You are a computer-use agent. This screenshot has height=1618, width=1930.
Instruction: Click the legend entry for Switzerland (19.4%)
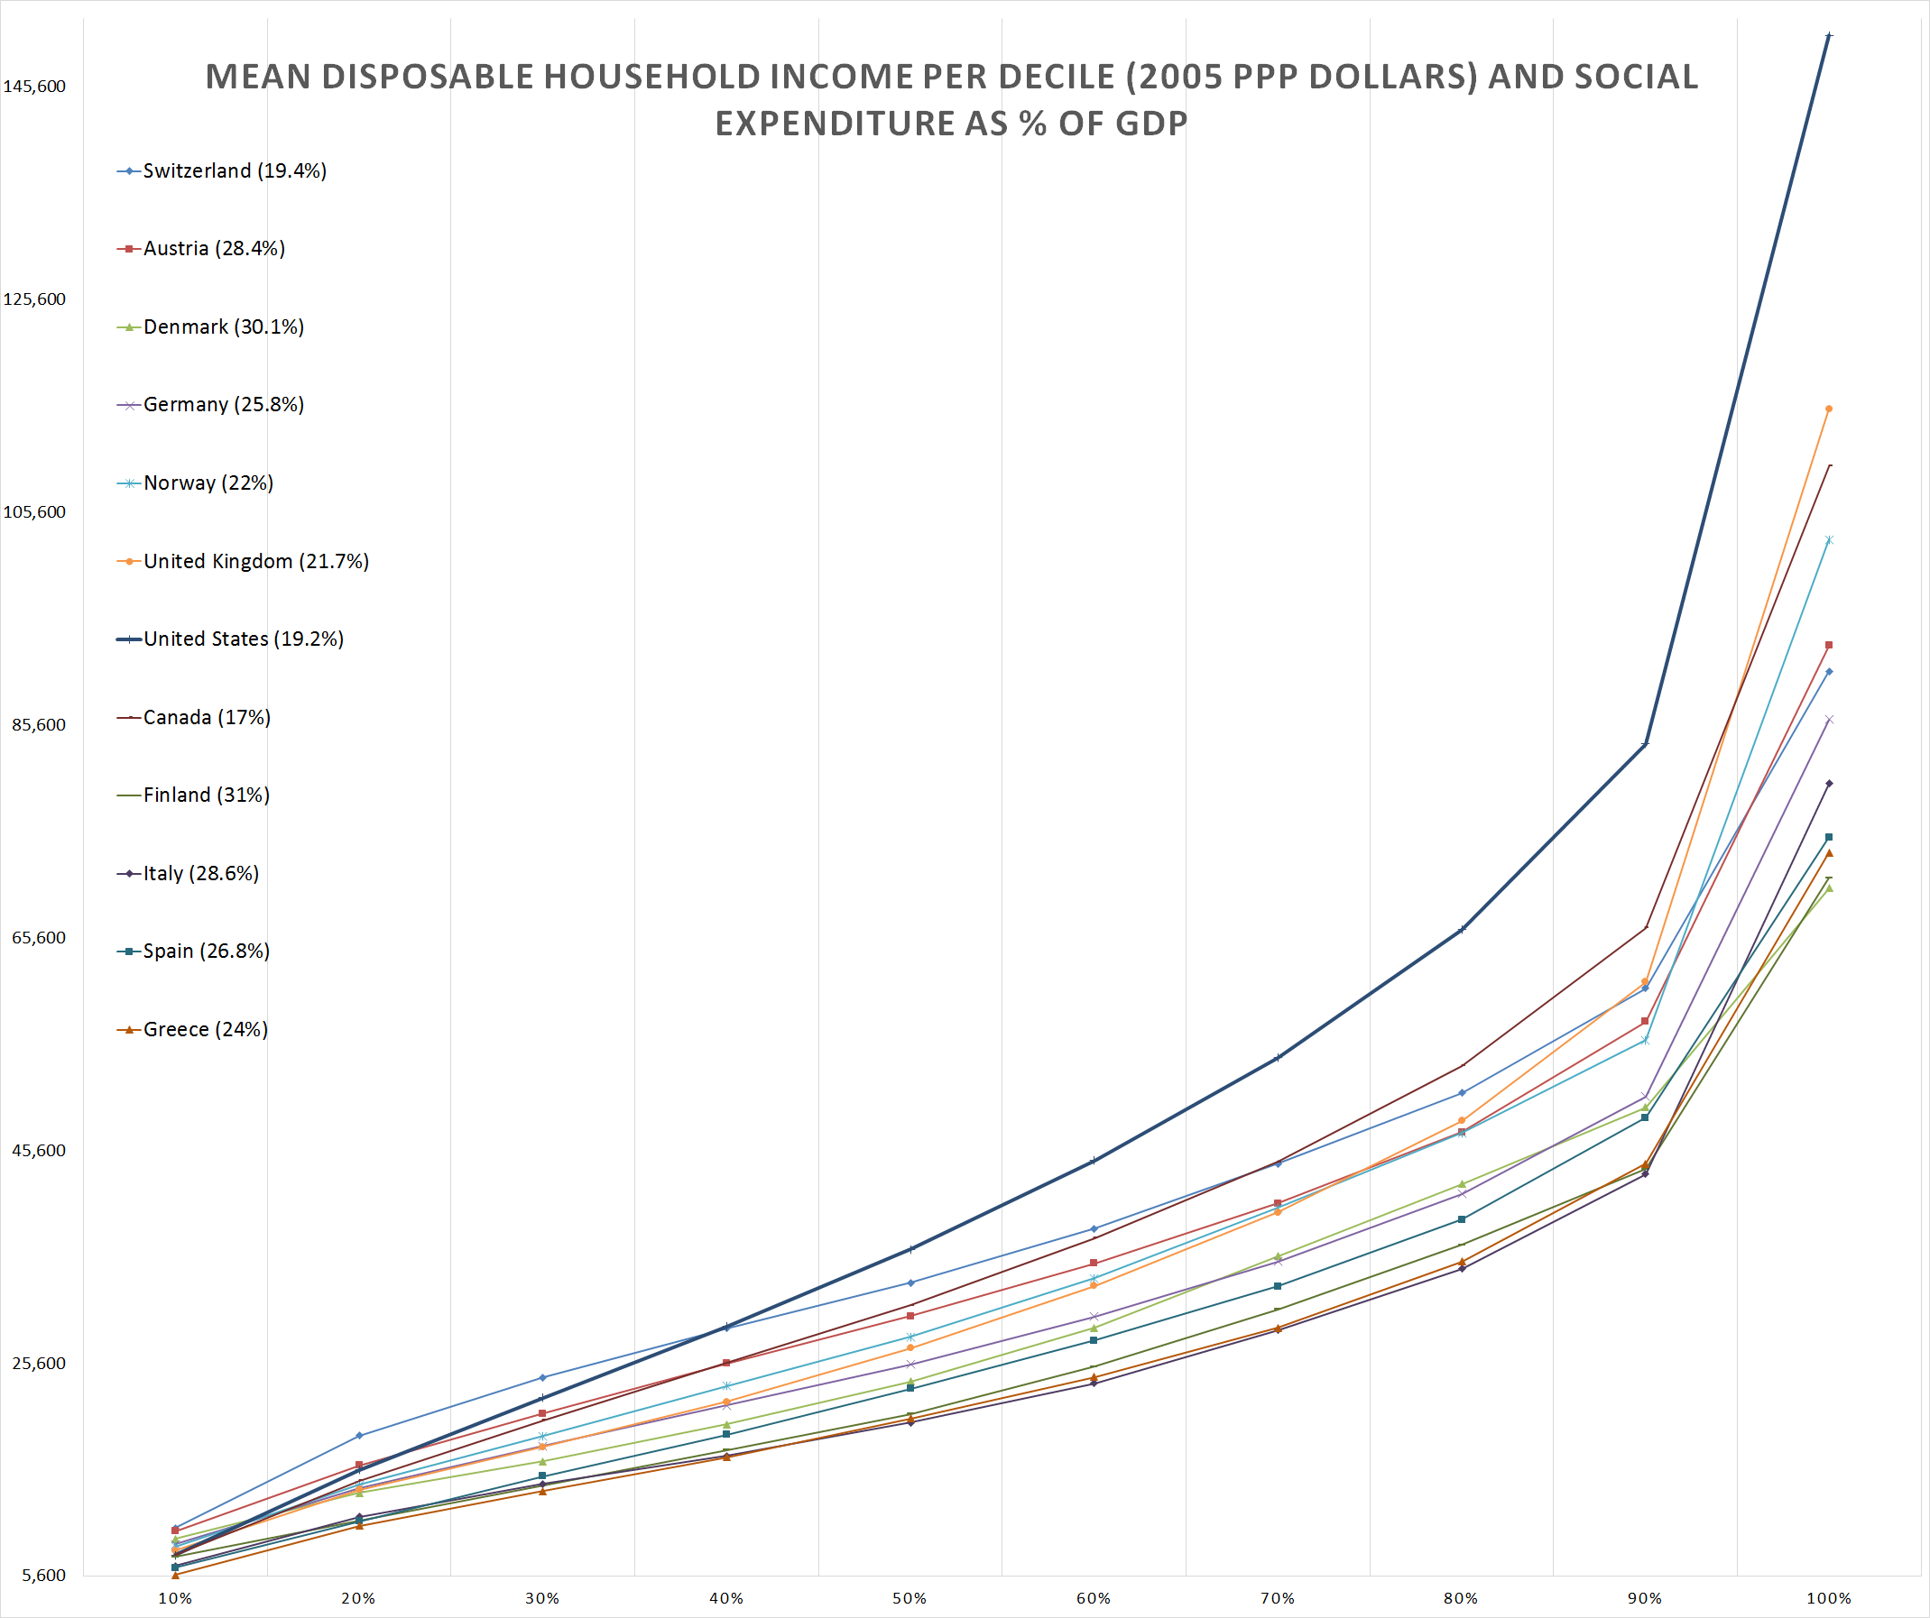[234, 170]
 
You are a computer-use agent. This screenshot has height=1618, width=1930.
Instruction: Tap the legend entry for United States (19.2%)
[243, 639]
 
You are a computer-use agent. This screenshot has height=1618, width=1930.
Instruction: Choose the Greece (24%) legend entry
[205, 1030]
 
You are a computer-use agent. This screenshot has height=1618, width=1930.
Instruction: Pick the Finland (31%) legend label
[206, 795]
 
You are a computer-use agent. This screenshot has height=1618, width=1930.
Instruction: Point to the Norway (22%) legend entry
[208, 483]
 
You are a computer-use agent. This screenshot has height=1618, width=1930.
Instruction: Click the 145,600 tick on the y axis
[35, 87]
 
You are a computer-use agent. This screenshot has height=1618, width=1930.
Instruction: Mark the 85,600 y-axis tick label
[39, 725]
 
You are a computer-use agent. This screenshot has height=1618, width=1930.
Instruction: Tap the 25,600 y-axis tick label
[39, 1364]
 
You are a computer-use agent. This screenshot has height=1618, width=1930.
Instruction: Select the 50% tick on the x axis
[910, 1599]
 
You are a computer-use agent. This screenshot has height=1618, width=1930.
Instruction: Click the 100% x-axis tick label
[1829, 1599]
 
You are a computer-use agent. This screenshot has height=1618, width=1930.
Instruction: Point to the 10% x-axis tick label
[175, 1599]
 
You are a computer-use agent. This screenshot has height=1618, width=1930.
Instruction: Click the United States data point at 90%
[1645, 743]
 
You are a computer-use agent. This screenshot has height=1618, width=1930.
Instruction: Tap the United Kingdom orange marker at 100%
[1829, 409]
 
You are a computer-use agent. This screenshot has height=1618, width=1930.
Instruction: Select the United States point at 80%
[1462, 930]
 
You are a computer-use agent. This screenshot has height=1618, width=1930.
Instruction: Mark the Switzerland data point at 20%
[358, 1436]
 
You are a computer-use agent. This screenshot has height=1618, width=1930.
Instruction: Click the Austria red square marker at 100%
[1829, 646]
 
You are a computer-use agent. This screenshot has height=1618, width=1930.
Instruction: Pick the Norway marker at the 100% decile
[1829, 540]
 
